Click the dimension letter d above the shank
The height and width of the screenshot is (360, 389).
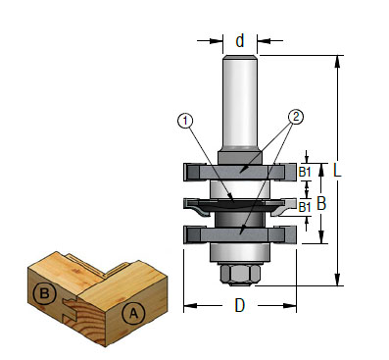(x=240, y=41)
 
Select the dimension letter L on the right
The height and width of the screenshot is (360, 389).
(x=337, y=170)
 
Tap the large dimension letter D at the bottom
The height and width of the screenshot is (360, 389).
(x=240, y=305)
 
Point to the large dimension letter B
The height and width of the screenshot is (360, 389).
(x=321, y=203)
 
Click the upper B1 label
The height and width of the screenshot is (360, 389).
(x=305, y=172)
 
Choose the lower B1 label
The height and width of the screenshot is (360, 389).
(x=305, y=207)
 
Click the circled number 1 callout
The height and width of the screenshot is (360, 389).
(x=185, y=121)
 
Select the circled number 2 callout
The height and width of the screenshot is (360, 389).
(x=296, y=117)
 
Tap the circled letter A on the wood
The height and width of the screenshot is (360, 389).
(x=133, y=314)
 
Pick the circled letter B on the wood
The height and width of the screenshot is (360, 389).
(x=44, y=293)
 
